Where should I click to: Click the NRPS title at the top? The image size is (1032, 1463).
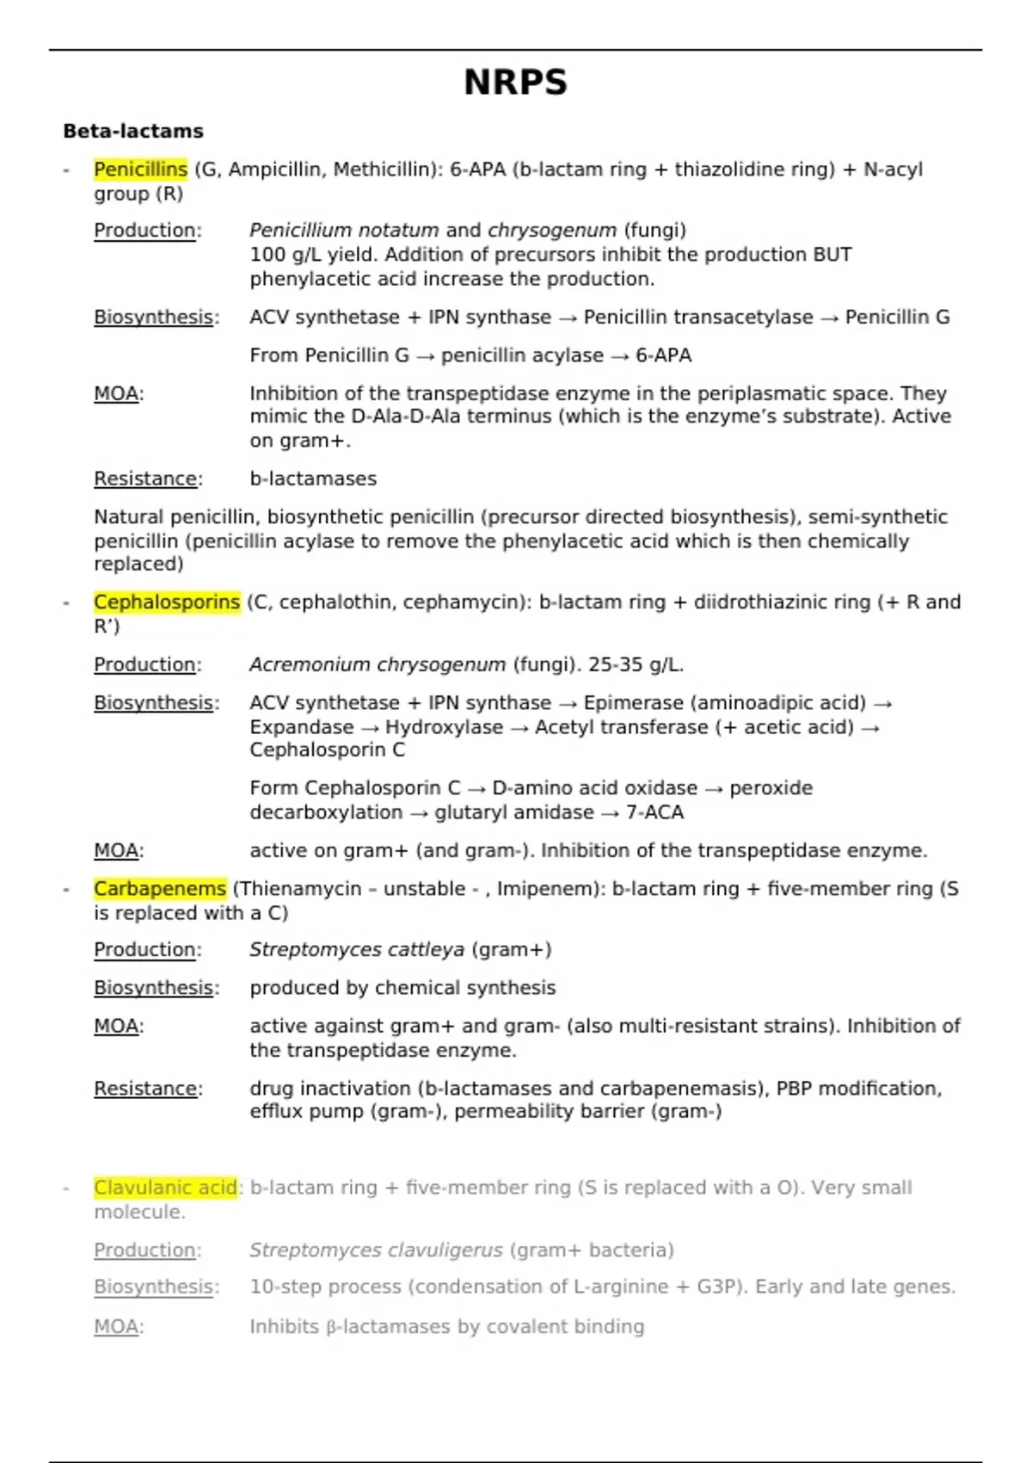515,83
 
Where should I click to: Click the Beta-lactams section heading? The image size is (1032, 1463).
133,132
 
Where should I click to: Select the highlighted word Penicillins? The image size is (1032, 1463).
140,170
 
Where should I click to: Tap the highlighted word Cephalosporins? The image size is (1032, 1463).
167,602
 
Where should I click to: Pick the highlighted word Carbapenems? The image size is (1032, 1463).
160,889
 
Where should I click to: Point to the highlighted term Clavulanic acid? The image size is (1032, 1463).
165,1188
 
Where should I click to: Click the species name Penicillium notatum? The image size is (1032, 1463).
344,231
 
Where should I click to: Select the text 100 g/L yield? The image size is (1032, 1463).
315,255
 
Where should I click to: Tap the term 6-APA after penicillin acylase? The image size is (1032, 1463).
663,355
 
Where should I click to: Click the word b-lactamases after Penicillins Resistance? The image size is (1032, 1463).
313,479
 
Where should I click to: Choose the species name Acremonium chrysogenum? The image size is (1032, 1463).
378,665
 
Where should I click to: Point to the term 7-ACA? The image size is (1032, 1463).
654,812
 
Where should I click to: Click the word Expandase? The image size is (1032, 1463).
301,727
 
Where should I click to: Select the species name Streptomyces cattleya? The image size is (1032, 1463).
357,950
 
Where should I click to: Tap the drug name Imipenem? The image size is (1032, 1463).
539,889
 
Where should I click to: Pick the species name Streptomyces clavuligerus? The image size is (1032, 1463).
376,1250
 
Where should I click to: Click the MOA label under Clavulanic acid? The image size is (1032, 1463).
117,1327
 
